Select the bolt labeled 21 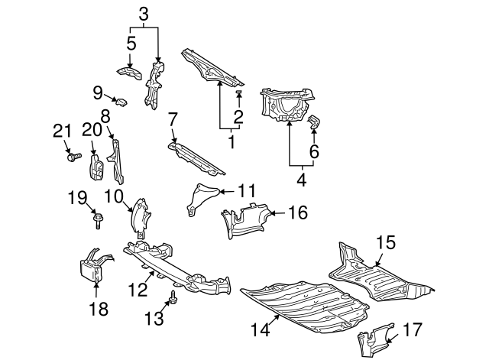(x=75, y=157)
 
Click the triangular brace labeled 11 (x=200, y=198)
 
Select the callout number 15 (x=386, y=243)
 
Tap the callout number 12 (x=138, y=290)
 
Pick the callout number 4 (x=302, y=180)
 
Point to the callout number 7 (x=173, y=119)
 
